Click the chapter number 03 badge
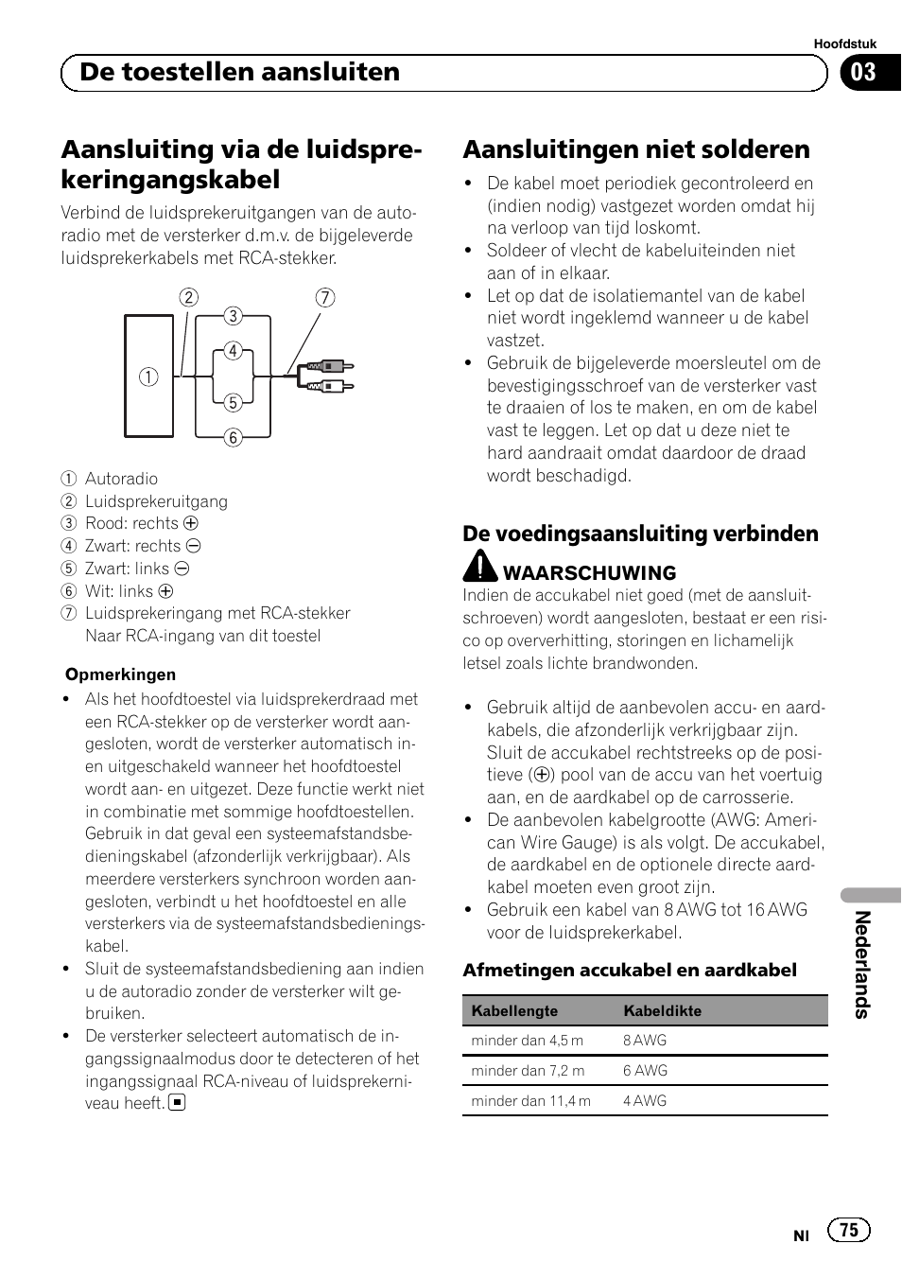tap(864, 73)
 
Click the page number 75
tap(849, 1229)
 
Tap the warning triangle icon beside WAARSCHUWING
tap(480, 566)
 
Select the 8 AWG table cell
tap(645, 1040)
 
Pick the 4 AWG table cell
tap(645, 1100)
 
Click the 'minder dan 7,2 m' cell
tap(528, 1070)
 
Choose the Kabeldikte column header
tap(662, 1010)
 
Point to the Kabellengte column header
tap(514, 1010)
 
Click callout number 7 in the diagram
tap(324, 298)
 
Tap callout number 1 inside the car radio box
tap(148, 377)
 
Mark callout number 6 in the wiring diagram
tap(233, 437)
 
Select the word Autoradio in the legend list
tap(121, 479)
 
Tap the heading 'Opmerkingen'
tap(120, 675)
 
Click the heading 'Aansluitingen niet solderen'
tap(636, 149)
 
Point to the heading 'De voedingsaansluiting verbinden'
tap(640, 534)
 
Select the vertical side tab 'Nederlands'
tap(861, 964)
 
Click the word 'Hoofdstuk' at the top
tap(845, 44)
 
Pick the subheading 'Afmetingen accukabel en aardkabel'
tap(630, 970)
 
